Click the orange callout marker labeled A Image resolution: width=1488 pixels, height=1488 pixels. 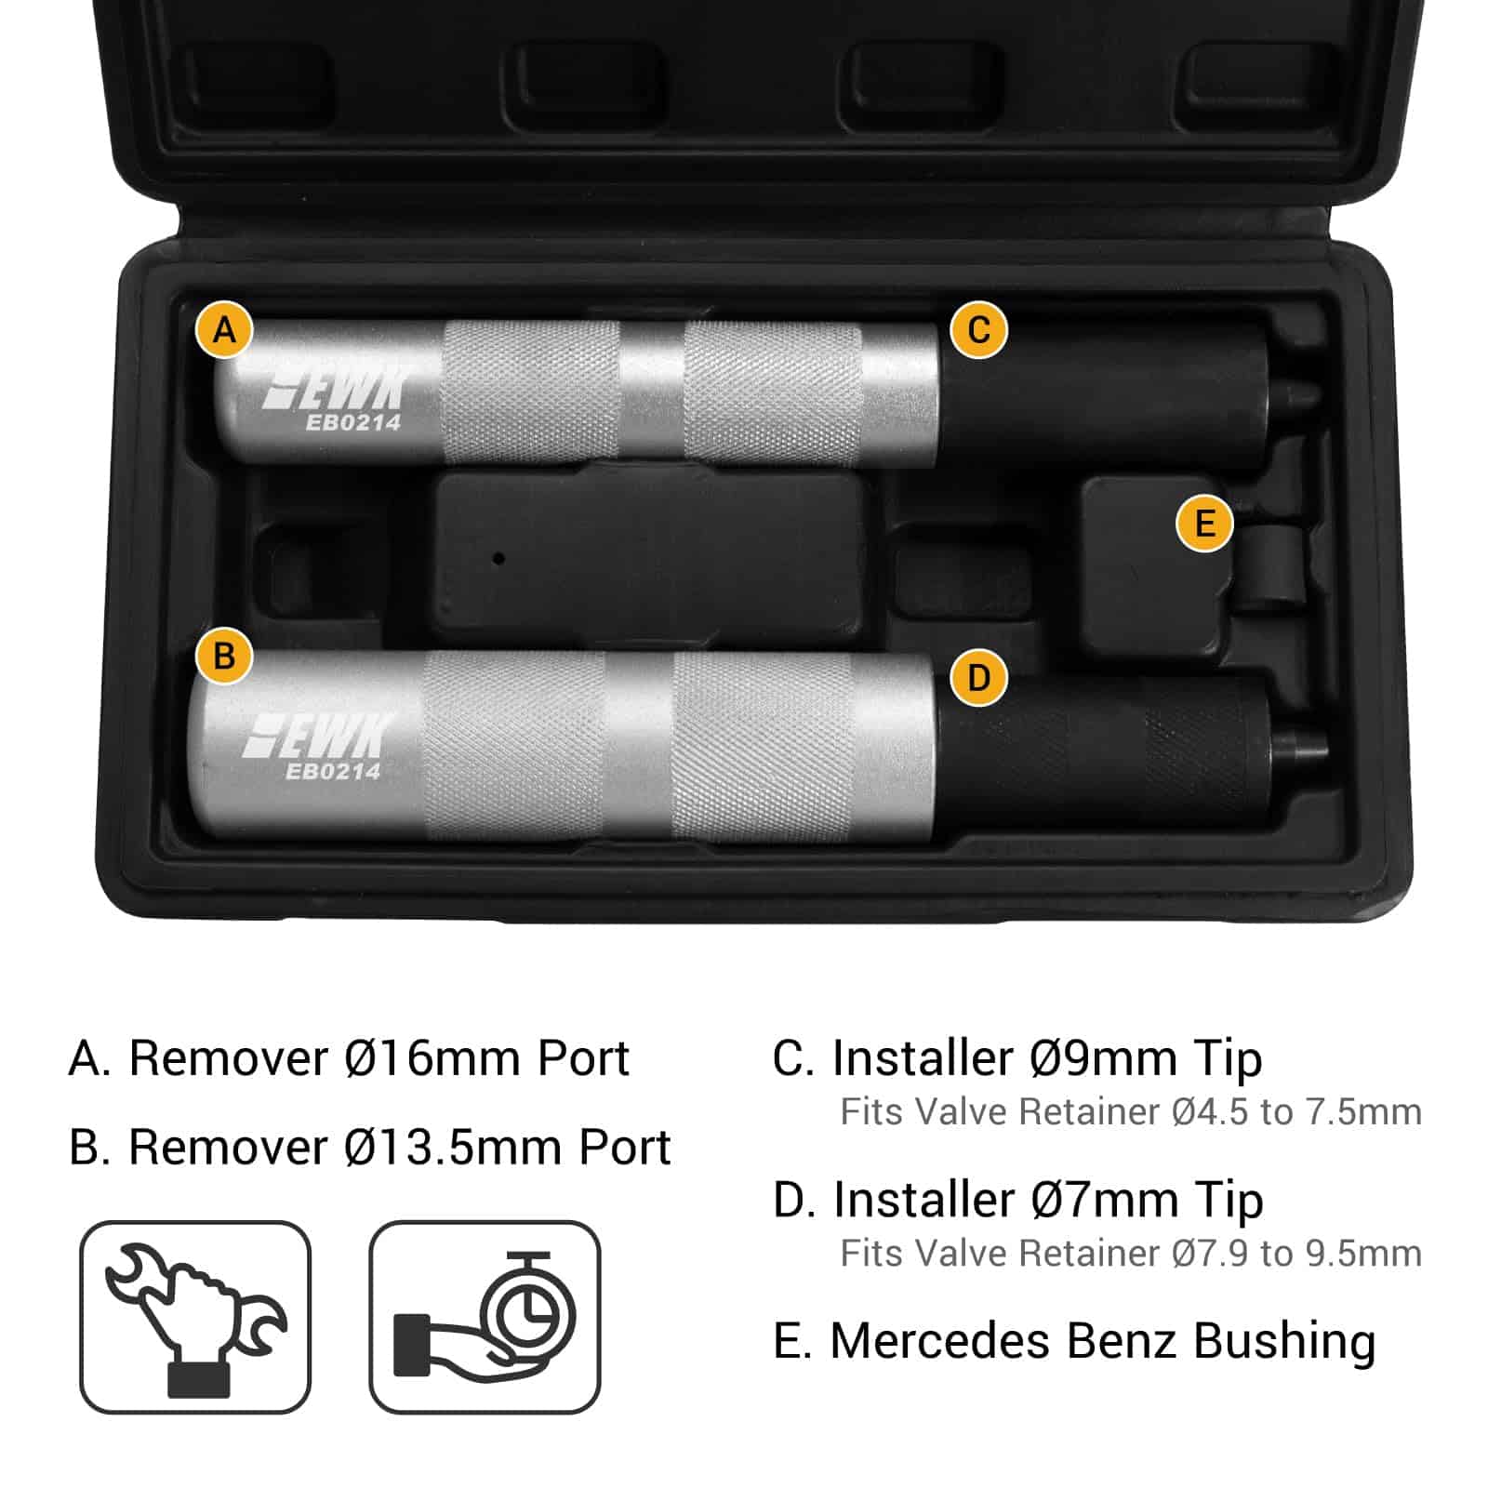pyautogui.click(x=224, y=329)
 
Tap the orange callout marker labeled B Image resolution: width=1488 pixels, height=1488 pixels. pyautogui.click(x=224, y=656)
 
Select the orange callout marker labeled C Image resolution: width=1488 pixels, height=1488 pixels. pyautogui.click(x=978, y=329)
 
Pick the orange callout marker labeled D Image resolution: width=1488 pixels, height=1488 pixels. pyautogui.click(x=978, y=677)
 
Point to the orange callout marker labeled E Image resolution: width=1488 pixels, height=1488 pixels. pyautogui.click(x=1204, y=523)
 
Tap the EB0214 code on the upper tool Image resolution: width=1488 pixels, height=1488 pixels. pyautogui.click(x=353, y=422)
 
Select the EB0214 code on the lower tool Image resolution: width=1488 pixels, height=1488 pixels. pyautogui.click(x=333, y=771)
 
